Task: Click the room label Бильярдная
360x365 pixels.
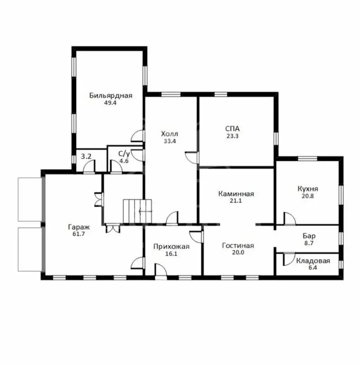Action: coord(110,96)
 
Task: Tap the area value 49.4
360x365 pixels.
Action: coord(110,103)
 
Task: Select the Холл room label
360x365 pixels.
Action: coord(170,134)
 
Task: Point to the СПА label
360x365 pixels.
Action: coord(233,128)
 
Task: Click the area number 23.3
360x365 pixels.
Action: coord(233,135)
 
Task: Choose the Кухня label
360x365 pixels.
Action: coord(308,189)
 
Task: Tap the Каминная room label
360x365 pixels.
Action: coord(236,194)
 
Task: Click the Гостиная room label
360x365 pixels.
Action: coord(238,246)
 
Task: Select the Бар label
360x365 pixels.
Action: coord(309,236)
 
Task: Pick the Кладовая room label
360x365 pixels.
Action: coord(313,260)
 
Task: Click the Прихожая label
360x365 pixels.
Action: coord(171,247)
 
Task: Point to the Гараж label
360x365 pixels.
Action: coord(78,227)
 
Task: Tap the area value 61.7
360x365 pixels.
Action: coord(78,234)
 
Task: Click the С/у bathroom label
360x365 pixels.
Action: coord(124,154)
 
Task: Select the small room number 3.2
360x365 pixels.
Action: coord(85,155)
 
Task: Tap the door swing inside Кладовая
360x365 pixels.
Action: coord(288,259)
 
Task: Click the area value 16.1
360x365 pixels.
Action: coord(171,254)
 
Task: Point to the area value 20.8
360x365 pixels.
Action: coord(308,196)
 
